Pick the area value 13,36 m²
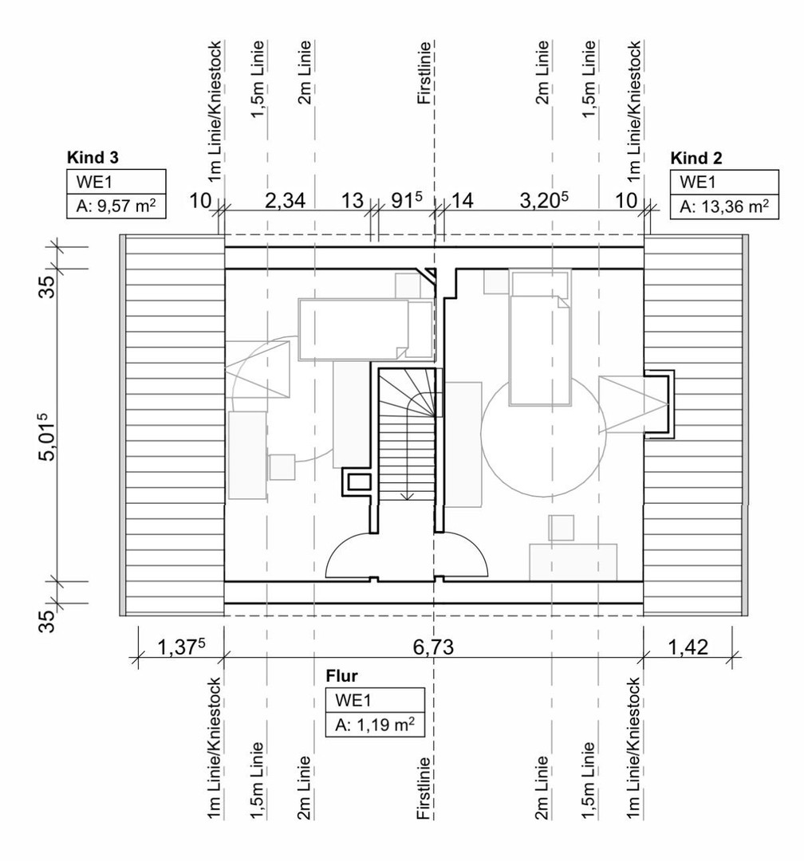point(723,208)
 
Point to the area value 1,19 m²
point(374,725)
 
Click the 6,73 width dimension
point(434,647)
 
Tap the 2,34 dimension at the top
point(285,200)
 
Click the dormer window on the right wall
point(660,404)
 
